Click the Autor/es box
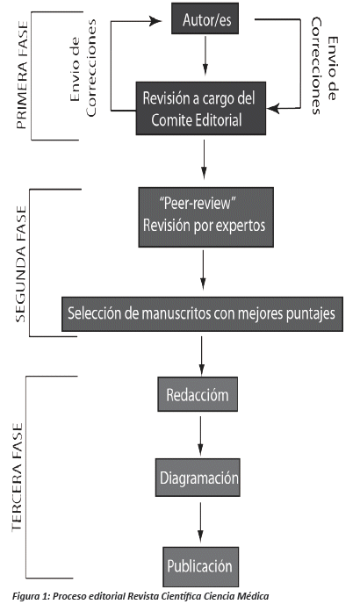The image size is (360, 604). [x=205, y=18]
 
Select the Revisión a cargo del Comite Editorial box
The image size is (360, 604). [x=201, y=108]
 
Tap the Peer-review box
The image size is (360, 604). [x=205, y=217]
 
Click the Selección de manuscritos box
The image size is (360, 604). [x=202, y=314]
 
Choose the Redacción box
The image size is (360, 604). [x=198, y=394]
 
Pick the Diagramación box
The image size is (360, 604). [x=198, y=478]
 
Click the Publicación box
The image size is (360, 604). [x=200, y=566]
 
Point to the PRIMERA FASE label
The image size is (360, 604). [x=22, y=75]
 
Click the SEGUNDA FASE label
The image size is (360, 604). [x=21, y=264]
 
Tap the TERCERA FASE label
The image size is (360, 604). [x=18, y=478]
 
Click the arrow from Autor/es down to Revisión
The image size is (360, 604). [x=205, y=55]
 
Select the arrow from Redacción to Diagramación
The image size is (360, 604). [x=200, y=435]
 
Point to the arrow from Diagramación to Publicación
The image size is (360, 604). [x=200, y=522]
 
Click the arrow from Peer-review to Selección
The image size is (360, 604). [x=203, y=270]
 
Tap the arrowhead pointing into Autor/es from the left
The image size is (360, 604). [x=155, y=21]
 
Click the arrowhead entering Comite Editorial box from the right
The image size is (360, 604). [x=273, y=109]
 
